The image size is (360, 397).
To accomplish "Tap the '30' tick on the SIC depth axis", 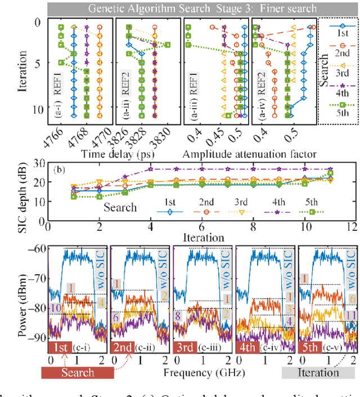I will [38, 163].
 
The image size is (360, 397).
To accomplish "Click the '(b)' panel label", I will [61, 168].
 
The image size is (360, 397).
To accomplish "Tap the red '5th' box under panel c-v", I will [310, 347].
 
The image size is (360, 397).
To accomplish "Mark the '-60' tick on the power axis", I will [38, 248].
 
